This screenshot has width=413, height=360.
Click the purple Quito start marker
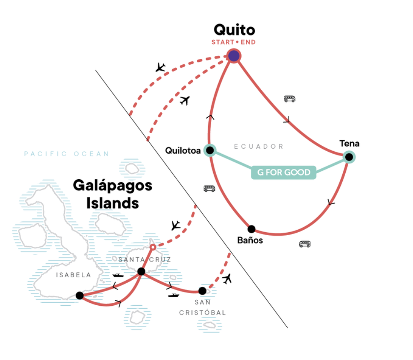(234, 56)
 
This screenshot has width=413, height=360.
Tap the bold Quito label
(234, 30)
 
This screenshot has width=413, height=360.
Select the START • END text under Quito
(234, 42)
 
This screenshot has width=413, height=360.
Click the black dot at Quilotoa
(210, 150)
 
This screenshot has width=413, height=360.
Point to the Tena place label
(349, 144)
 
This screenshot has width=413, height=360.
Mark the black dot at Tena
(349, 157)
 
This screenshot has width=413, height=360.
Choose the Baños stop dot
(251, 229)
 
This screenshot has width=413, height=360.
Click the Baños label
(250, 241)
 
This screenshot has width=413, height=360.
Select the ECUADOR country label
(259, 147)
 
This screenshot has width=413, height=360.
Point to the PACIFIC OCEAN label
(66, 154)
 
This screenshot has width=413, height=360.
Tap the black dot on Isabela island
(80, 295)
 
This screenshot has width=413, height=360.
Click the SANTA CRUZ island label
(145, 260)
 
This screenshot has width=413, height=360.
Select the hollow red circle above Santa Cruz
(153, 247)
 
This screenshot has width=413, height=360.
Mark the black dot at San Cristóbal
(202, 291)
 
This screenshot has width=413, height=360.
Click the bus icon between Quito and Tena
(289, 99)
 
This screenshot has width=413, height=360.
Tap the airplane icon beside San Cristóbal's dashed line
(227, 279)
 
